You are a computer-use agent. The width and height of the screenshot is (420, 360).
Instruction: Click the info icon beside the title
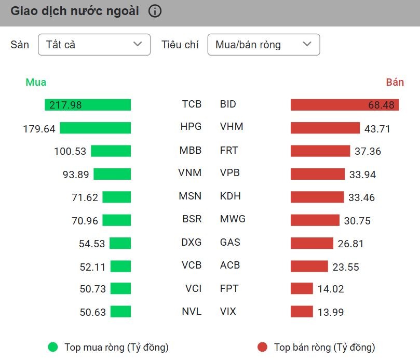click(x=155, y=11)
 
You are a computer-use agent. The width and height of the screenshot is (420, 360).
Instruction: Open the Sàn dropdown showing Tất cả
click(x=94, y=45)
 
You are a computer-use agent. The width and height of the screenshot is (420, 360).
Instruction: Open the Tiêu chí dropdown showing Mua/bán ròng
click(x=263, y=45)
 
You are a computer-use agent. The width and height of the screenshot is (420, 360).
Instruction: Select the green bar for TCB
click(x=88, y=105)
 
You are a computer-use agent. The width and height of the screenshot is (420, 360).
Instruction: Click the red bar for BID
click(x=345, y=105)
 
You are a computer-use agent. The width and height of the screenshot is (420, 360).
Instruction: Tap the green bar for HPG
click(x=95, y=128)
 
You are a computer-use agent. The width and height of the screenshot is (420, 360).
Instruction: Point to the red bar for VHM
click(x=325, y=128)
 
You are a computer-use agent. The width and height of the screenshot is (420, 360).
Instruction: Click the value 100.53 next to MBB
click(x=70, y=151)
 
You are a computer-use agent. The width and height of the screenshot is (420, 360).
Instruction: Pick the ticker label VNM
click(x=189, y=173)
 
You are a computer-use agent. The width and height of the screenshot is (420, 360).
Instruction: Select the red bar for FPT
click(x=302, y=288)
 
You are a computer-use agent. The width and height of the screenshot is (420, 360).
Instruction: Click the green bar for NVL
click(x=120, y=312)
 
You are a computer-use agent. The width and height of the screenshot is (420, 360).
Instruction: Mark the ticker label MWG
click(x=233, y=219)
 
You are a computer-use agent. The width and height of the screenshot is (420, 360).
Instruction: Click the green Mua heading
click(x=36, y=82)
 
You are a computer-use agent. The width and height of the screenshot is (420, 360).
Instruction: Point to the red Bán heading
click(x=395, y=82)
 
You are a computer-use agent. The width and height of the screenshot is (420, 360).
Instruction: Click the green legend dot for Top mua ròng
click(x=52, y=347)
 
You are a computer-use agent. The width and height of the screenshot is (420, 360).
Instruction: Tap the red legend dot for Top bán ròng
click(x=262, y=347)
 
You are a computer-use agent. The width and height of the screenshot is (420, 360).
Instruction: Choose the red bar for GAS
click(x=311, y=243)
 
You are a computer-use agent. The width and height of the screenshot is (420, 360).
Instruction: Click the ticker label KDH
click(x=231, y=196)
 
